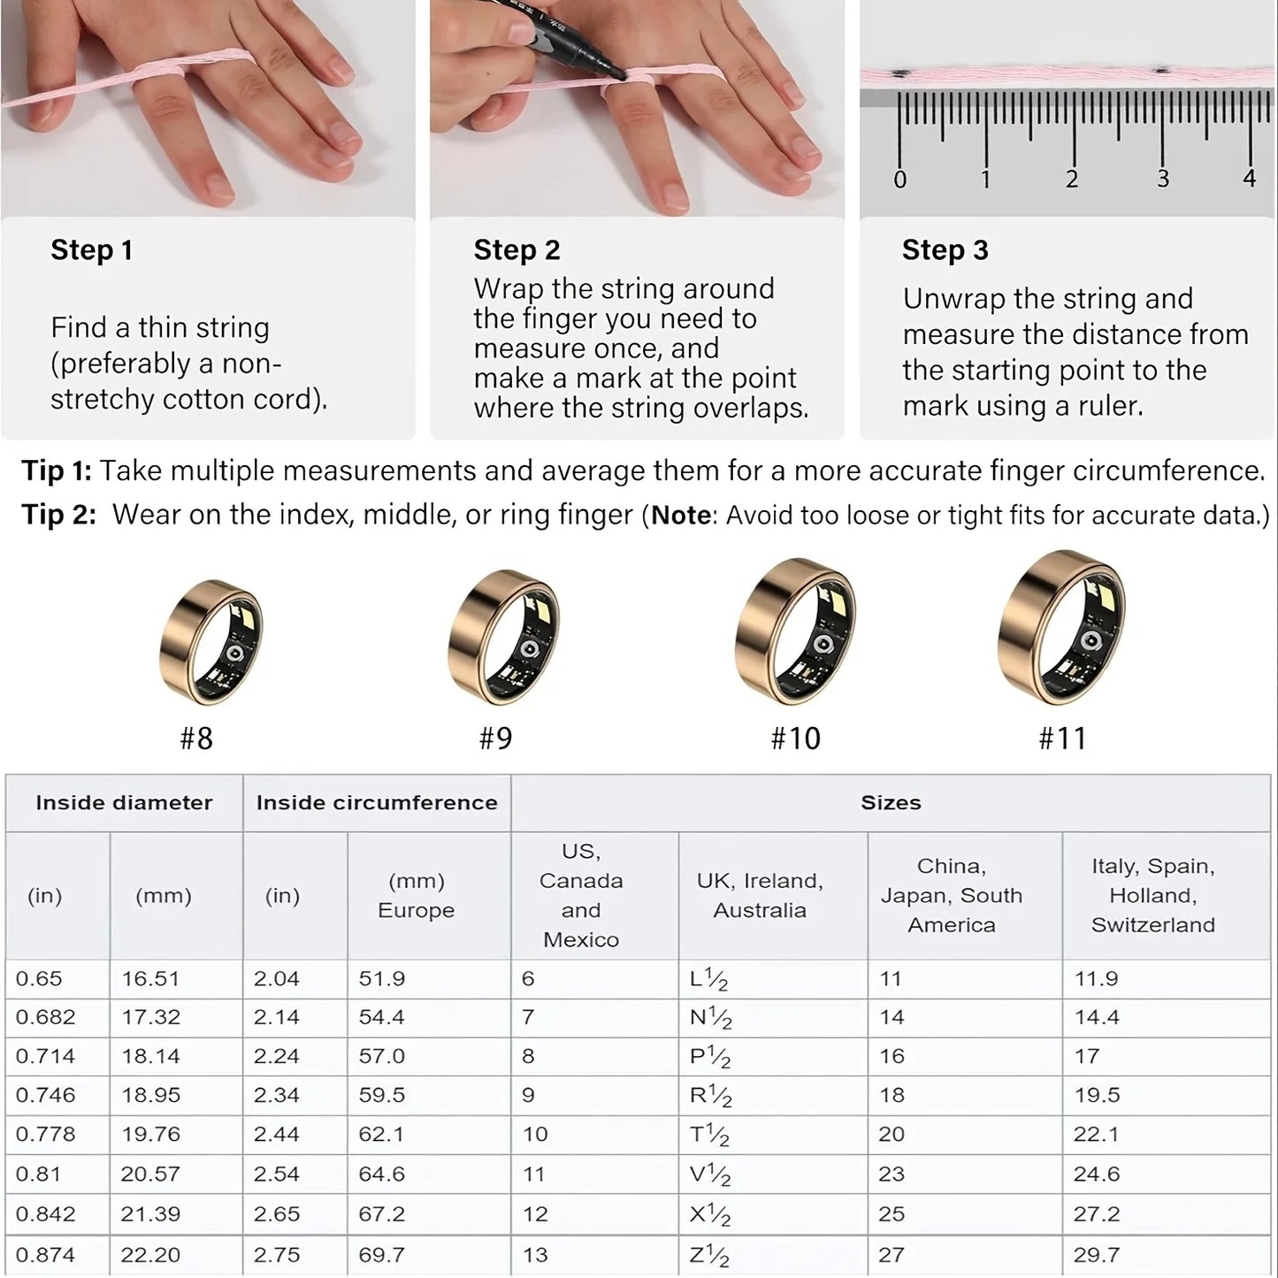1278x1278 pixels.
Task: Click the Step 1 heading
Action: [91, 250]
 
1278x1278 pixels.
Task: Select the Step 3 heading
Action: [945, 250]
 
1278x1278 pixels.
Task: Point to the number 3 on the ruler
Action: [1162, 179]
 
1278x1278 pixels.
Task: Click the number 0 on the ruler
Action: [899, 180]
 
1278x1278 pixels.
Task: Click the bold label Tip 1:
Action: [56, 471]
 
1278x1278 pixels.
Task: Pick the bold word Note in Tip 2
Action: [681, 515]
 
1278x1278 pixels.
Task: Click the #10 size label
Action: [795, 738]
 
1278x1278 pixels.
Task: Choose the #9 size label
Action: [495, 738]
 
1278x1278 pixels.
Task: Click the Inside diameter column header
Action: [124, 803]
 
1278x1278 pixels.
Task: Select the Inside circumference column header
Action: [377, 803]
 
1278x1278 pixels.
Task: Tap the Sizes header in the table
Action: [891, 803]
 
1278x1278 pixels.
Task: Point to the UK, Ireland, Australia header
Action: [760, 895]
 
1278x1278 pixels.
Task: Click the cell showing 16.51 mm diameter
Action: [150, 979]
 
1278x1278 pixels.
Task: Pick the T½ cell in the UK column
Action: [709, 1135]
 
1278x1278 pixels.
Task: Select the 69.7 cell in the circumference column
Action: [381, 1255]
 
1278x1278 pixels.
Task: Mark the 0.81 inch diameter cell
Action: [38, 1175]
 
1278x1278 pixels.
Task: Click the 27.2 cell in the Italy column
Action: [1097, 1214]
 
